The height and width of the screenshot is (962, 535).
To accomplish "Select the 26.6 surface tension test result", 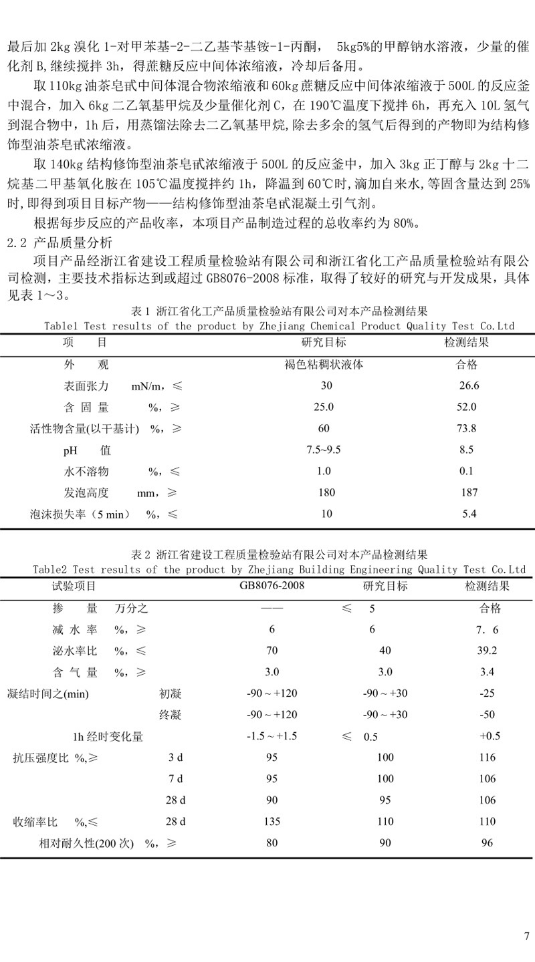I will click(469, 385).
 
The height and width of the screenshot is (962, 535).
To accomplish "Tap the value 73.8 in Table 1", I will click(468, 428).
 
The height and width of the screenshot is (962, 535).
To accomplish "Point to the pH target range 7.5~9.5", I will click(324, 450).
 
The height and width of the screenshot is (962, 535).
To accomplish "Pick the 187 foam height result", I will click(469, 493).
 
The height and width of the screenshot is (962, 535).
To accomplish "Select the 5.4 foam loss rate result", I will click(469, 514).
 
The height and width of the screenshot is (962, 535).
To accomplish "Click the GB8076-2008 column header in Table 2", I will click(272, 587).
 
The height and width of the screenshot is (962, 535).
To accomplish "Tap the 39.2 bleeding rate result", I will click(488, 651).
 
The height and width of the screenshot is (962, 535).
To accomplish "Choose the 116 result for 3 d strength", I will click(488, 758).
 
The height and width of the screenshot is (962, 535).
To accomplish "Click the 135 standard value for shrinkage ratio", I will click(272, 822).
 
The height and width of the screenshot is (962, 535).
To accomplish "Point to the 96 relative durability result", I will click(487, 843).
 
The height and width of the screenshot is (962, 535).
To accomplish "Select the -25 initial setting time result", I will click(488, 693).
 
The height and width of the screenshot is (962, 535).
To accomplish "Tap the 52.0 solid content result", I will click(466, 407).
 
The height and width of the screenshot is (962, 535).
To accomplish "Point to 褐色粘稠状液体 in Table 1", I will click(324, 364).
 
